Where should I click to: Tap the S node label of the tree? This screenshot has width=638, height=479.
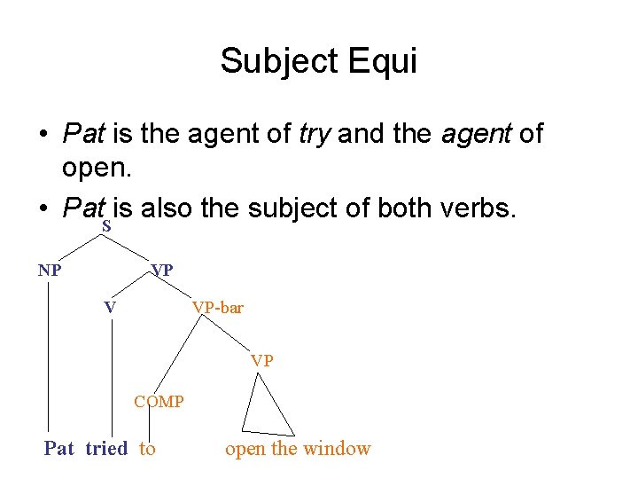click(x=106, y=227)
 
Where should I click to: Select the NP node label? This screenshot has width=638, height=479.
click(x=50, y=270)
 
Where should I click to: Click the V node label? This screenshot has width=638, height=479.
click(x=110, y=308)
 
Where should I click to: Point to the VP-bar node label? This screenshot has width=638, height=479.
click(x=218, y=308)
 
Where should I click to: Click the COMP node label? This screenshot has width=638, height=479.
click(x=159, y=402)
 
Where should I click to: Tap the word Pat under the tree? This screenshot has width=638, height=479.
click(x=59, y=449)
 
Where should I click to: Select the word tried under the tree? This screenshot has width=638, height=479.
click(x=106, y=449)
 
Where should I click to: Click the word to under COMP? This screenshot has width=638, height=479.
click(x=147, y=449)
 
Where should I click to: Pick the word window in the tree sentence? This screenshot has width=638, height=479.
click(x=337, y=449)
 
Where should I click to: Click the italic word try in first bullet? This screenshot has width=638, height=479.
click(x=314, y=134)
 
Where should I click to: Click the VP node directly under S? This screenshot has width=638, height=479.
click(x=162, y=270)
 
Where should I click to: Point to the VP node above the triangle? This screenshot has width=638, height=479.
click(x=262, y=360)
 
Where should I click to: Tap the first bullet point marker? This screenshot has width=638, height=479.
click(x=43, y=135)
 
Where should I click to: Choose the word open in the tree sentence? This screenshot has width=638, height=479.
click(x=245, y=449)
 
